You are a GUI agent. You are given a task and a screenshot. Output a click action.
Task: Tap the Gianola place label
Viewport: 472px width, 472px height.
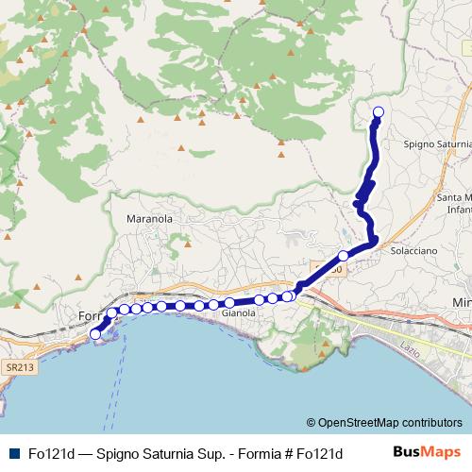click(240, 312)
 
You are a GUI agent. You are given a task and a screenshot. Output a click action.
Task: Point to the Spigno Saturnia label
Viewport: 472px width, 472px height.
click(436, 144)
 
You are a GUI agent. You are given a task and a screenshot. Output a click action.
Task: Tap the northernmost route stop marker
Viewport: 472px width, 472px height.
click(379, 113)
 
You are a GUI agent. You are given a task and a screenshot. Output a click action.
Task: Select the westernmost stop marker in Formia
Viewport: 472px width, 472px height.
click(94, 334)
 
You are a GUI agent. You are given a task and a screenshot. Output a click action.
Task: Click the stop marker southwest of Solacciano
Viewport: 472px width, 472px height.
click(344, 256)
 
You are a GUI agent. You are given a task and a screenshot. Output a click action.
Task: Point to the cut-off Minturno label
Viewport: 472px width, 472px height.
click(462, 301)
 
